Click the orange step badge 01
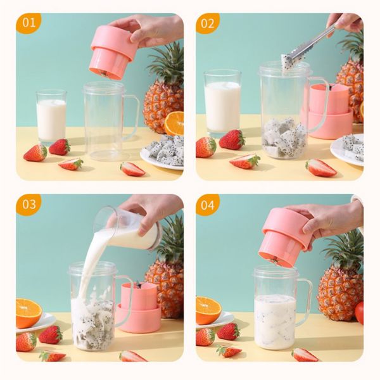click(x=28, y=23)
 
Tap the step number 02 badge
click(x=208, y=23)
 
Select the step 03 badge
click(x=28, y=205)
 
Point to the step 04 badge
click(x=208, y=205)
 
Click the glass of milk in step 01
click(x=51, y=117)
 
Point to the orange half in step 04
click(x=208, y=310)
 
